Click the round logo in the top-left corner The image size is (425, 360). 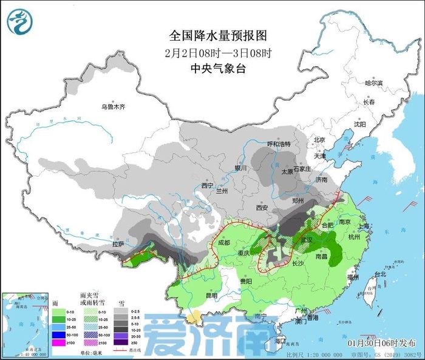(20, 21)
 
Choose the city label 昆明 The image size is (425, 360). (211, 296)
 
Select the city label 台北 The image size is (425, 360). (381, 274)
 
